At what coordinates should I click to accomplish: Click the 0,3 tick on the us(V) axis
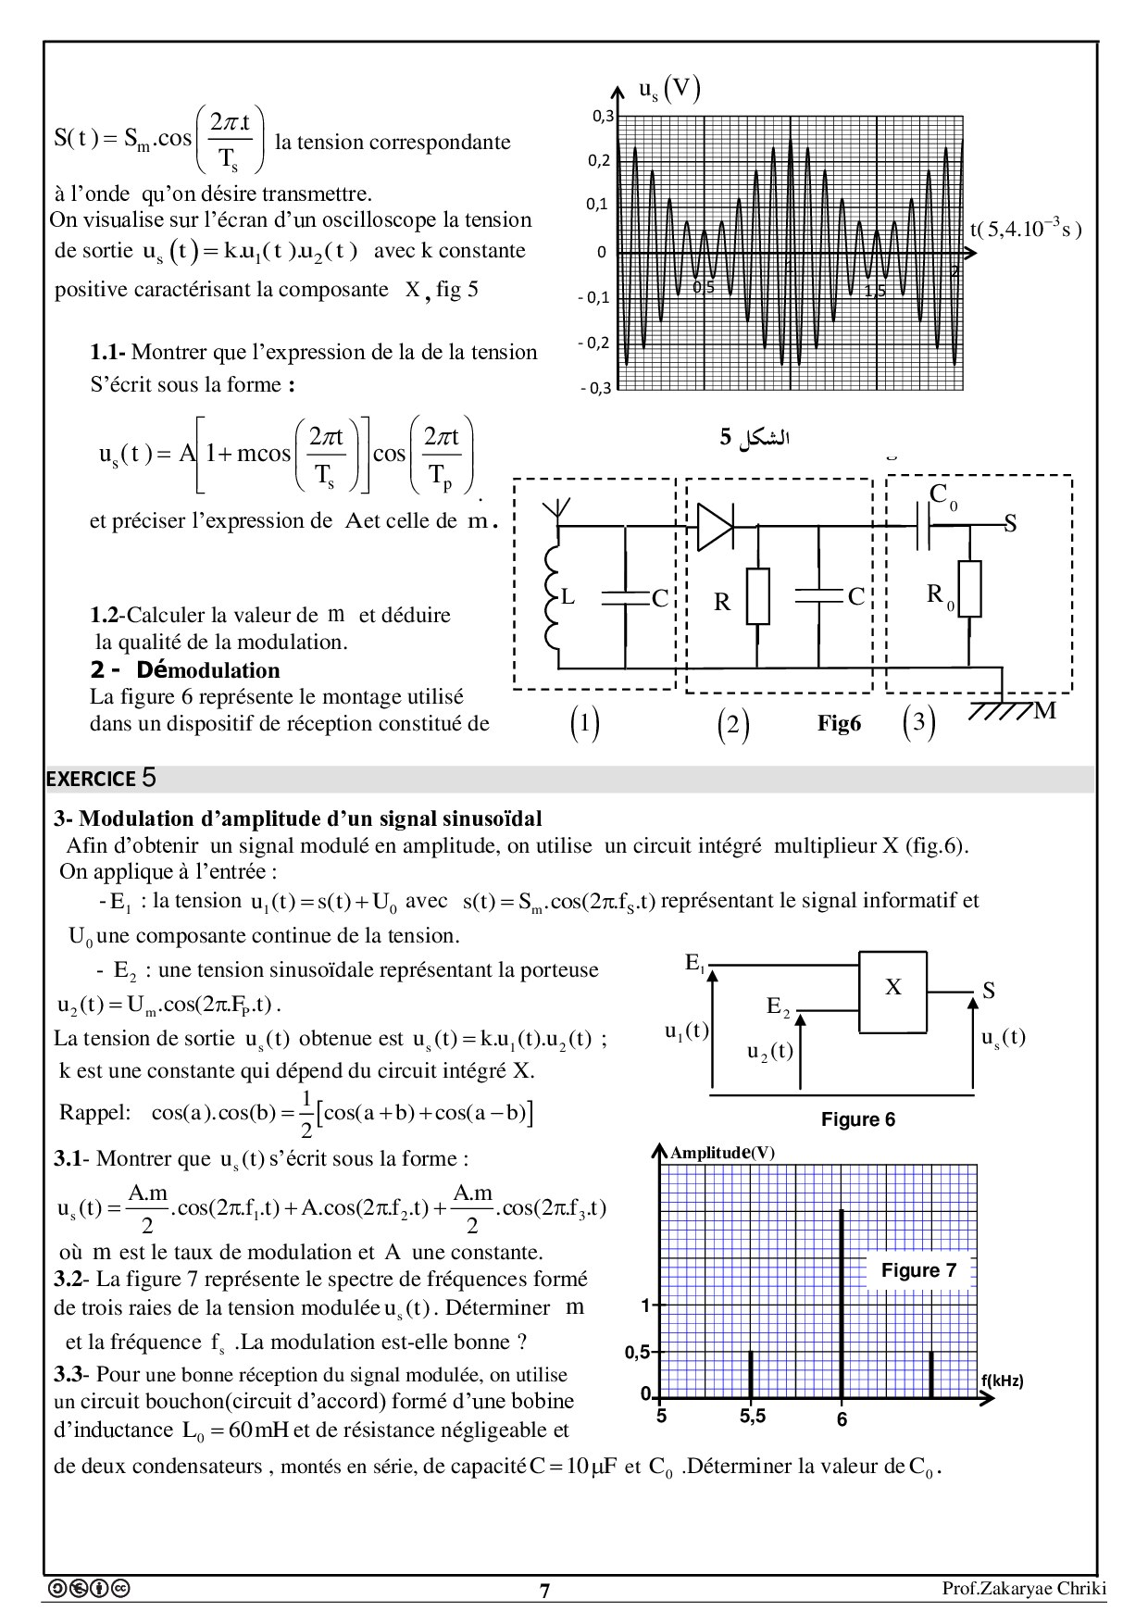coord(603,116)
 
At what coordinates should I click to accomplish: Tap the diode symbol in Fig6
coord(716,526)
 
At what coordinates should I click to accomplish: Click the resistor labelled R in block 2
coord(757,597)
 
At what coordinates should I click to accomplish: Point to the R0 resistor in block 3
coord(969,589)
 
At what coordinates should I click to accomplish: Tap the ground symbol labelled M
coord(1004,710)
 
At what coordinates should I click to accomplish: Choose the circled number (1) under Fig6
coord(584,723)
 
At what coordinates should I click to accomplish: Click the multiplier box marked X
coord(892,992)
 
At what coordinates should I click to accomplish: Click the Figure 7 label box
coord(918,1270)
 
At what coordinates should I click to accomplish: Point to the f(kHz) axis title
coord(1002,1380)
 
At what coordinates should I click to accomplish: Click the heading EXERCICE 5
coord(101,779)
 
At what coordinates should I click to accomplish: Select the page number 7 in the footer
coord(544,1591)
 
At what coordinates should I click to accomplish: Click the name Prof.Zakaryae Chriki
coord(1024,1589)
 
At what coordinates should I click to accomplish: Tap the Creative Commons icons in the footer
coord(88,1589)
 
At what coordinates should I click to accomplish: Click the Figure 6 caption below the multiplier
coord(857,1119)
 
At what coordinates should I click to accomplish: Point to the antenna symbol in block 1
coord(558,511)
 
